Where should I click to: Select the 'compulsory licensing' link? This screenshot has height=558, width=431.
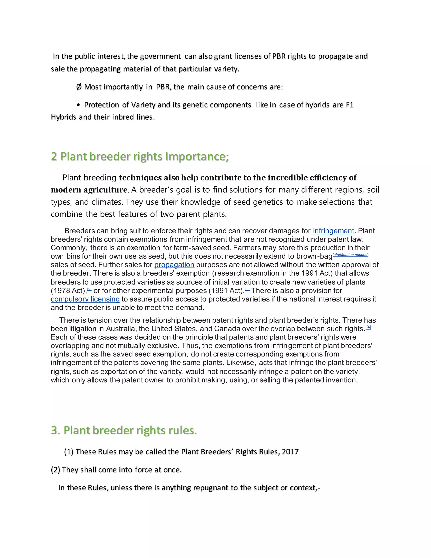point(85,299)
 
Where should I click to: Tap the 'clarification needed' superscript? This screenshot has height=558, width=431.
point(351,255)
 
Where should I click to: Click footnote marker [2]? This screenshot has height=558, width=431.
point(89,289)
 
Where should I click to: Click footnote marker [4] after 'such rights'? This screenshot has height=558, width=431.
point(368,327)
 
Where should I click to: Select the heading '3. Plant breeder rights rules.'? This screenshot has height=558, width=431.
point(124,430)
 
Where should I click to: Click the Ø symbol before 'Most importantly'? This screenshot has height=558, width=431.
point(79,87)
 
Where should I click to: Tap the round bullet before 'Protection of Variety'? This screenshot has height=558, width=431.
point(79,105)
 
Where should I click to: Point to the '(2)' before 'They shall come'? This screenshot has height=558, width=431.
point(55,470)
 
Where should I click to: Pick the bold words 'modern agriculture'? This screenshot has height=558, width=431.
point(89,190)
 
